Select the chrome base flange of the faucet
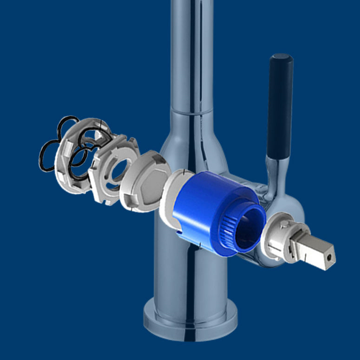click(x=190, y=321)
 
